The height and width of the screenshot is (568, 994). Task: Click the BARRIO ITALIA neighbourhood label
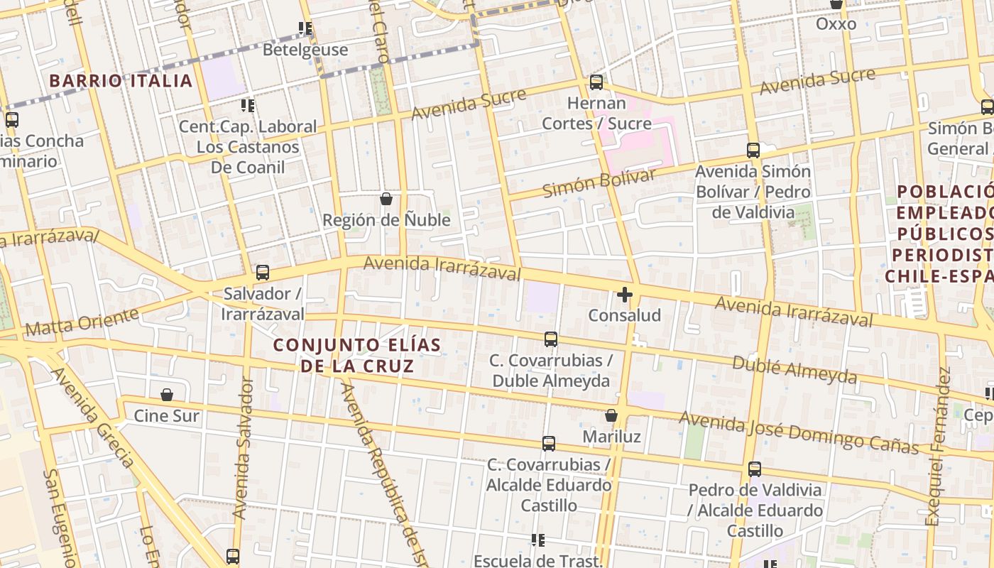click(121, 81)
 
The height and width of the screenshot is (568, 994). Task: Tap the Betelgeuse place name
click(305, 50)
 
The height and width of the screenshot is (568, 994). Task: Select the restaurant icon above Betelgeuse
click(305, 28)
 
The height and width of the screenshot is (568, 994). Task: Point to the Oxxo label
click(836, 24)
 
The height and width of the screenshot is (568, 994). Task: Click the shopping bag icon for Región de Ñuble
click(386, 199)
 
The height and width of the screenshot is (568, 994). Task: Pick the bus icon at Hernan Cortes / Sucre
click(596, 82)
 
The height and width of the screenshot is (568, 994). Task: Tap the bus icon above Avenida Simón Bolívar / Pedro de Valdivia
click(753, 151)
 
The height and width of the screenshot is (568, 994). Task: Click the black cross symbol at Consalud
click(625, 295)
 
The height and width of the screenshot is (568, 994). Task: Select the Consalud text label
click(625, 315)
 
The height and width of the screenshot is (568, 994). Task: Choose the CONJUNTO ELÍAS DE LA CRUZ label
click(357, 356)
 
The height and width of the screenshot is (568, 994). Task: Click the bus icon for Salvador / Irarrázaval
click(263, 273)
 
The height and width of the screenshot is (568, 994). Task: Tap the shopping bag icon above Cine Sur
click(167, 395)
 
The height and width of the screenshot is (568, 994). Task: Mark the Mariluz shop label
click(611, 436)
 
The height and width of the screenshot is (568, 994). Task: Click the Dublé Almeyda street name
click(794, 370)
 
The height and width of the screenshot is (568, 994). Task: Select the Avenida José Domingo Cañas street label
click(799, 432)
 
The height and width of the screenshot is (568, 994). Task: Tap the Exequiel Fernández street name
click(938, 447)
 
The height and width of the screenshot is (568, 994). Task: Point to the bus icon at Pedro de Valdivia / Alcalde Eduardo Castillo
click(755, 469)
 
